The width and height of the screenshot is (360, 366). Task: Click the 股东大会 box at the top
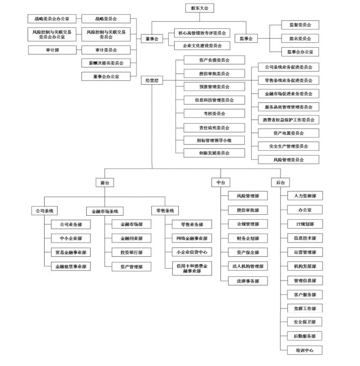click(x=199, y=8)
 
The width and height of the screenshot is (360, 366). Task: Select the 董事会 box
click(x=151, y=38)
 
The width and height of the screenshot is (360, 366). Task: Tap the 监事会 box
click(x=246, y=38)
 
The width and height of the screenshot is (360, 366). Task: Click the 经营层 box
click(x=151, y=80)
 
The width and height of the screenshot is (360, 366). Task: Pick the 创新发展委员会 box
click(x=214, y=153)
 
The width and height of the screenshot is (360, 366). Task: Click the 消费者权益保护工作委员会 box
click(x=288, y=120)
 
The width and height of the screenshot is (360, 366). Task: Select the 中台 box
click(x=221, y=183)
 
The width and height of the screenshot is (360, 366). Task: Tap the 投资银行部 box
click(x=131, y=252)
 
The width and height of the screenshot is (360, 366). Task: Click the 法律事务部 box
click(x=248, y=281)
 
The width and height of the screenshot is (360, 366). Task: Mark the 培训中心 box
click(x=305, y=350)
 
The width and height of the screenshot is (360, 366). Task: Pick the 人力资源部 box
click(x=305, y=196)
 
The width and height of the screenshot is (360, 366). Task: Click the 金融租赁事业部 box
click(x=71, y=266)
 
